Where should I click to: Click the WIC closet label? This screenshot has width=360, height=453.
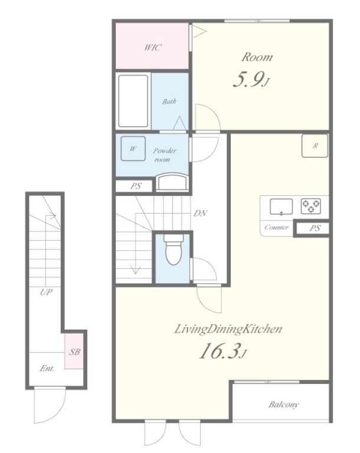[153, 47]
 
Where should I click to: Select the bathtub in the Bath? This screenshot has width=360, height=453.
[133, 101]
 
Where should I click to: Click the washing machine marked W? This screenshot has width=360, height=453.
[133, 149]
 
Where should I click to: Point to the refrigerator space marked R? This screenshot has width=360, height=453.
[315, 146]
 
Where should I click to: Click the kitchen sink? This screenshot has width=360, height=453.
[281, 207]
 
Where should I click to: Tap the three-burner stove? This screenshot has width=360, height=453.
[311, 206]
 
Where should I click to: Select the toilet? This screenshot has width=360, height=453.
[173, 250]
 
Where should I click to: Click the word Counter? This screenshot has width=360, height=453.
[276, 227]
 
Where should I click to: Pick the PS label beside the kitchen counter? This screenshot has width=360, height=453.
[315, 228]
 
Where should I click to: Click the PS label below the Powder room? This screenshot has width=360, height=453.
[136, 186]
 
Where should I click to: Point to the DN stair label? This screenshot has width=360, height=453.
[200, 213]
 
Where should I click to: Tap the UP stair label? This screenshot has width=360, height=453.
[46, 292]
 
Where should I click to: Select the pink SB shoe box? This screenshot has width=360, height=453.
[74, 351]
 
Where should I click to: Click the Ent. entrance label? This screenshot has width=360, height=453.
[47, 368]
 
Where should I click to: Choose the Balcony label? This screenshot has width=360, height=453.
[283, 405]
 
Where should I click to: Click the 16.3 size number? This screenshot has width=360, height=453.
[220, 351]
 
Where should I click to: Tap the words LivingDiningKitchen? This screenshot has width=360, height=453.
[228, 329]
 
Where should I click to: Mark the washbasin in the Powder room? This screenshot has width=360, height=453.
[172, 182]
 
